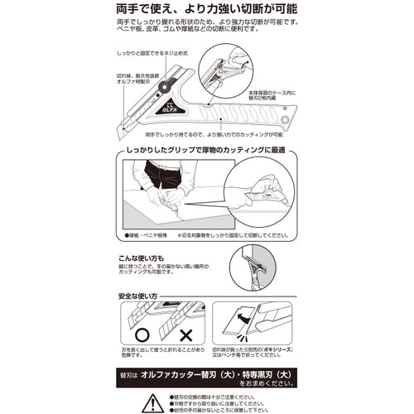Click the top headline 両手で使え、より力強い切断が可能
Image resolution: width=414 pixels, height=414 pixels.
[x=206, y=9]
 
